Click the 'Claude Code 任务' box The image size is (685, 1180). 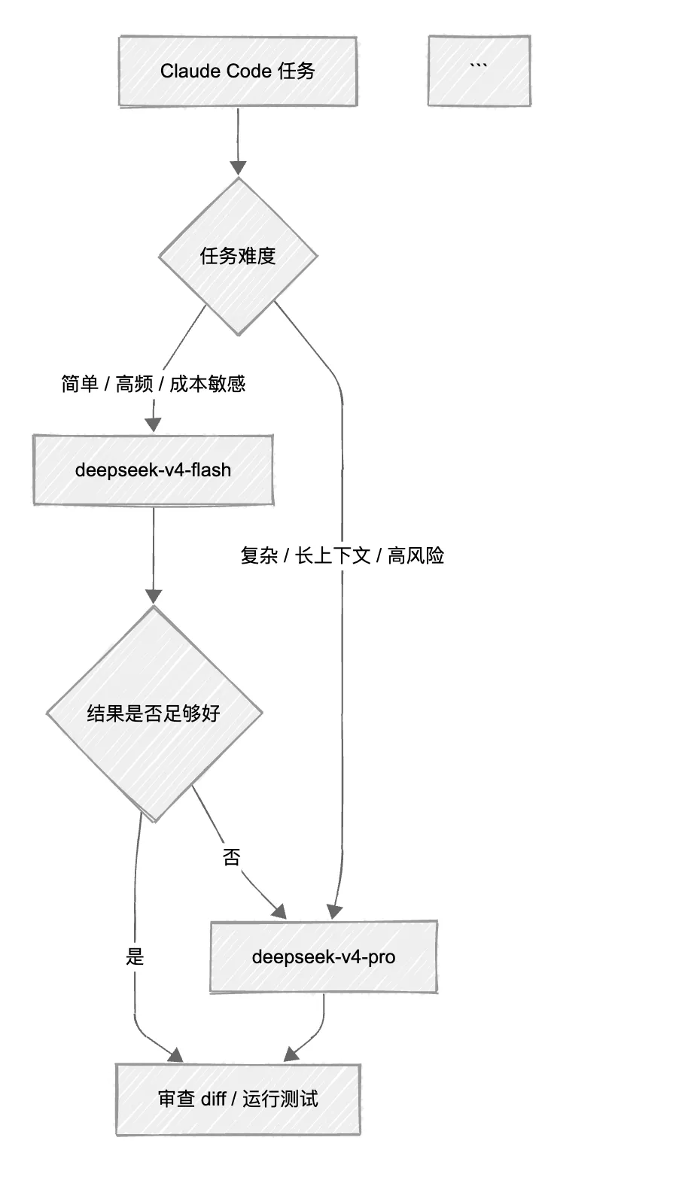238,71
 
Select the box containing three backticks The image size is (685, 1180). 479,71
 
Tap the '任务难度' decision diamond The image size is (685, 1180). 238,256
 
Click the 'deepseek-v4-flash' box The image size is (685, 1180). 154,470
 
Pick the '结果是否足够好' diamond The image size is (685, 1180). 154,713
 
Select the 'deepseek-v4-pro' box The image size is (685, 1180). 324,957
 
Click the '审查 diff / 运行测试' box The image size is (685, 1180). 238,1099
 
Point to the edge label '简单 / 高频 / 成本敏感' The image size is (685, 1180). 154,384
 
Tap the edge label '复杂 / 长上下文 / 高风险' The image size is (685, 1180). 342,555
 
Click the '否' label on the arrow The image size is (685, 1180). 232,857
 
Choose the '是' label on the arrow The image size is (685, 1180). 135,956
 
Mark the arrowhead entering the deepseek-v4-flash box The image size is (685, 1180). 154,424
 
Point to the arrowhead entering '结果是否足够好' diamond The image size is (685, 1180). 154,596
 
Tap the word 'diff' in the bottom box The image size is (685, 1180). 213,1099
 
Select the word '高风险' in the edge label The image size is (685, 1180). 416,555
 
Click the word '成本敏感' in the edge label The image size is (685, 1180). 208,384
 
